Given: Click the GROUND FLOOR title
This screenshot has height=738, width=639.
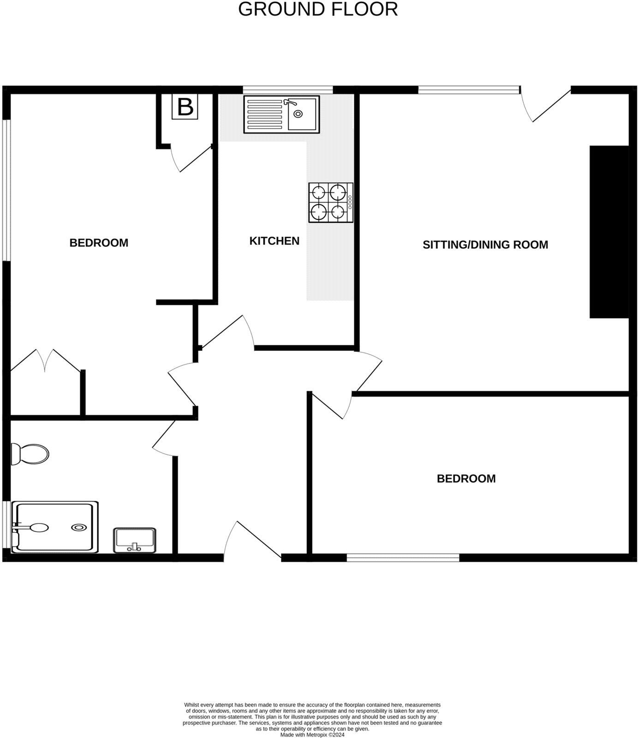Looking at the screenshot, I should click(318, 10).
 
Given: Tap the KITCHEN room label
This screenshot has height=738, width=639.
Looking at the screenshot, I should click(275, 241).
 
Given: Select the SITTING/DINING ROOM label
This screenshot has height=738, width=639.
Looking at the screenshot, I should click(485, 244).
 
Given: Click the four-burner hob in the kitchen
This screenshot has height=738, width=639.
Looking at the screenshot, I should click(331, 202).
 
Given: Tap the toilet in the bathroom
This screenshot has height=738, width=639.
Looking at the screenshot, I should click(30, 454).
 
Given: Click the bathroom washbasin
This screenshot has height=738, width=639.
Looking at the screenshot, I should click(135, 540).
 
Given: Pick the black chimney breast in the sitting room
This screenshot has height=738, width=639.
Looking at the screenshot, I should click(609, 232).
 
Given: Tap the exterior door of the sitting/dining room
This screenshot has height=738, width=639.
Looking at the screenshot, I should click(547, 105).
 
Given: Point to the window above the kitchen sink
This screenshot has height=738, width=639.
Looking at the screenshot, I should click(288, 90).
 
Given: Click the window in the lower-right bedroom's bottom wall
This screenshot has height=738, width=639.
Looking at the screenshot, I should click(403, 558).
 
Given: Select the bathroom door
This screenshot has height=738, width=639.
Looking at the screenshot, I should click(164, 436).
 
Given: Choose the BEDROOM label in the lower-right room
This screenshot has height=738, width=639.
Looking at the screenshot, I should click(466, 479).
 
